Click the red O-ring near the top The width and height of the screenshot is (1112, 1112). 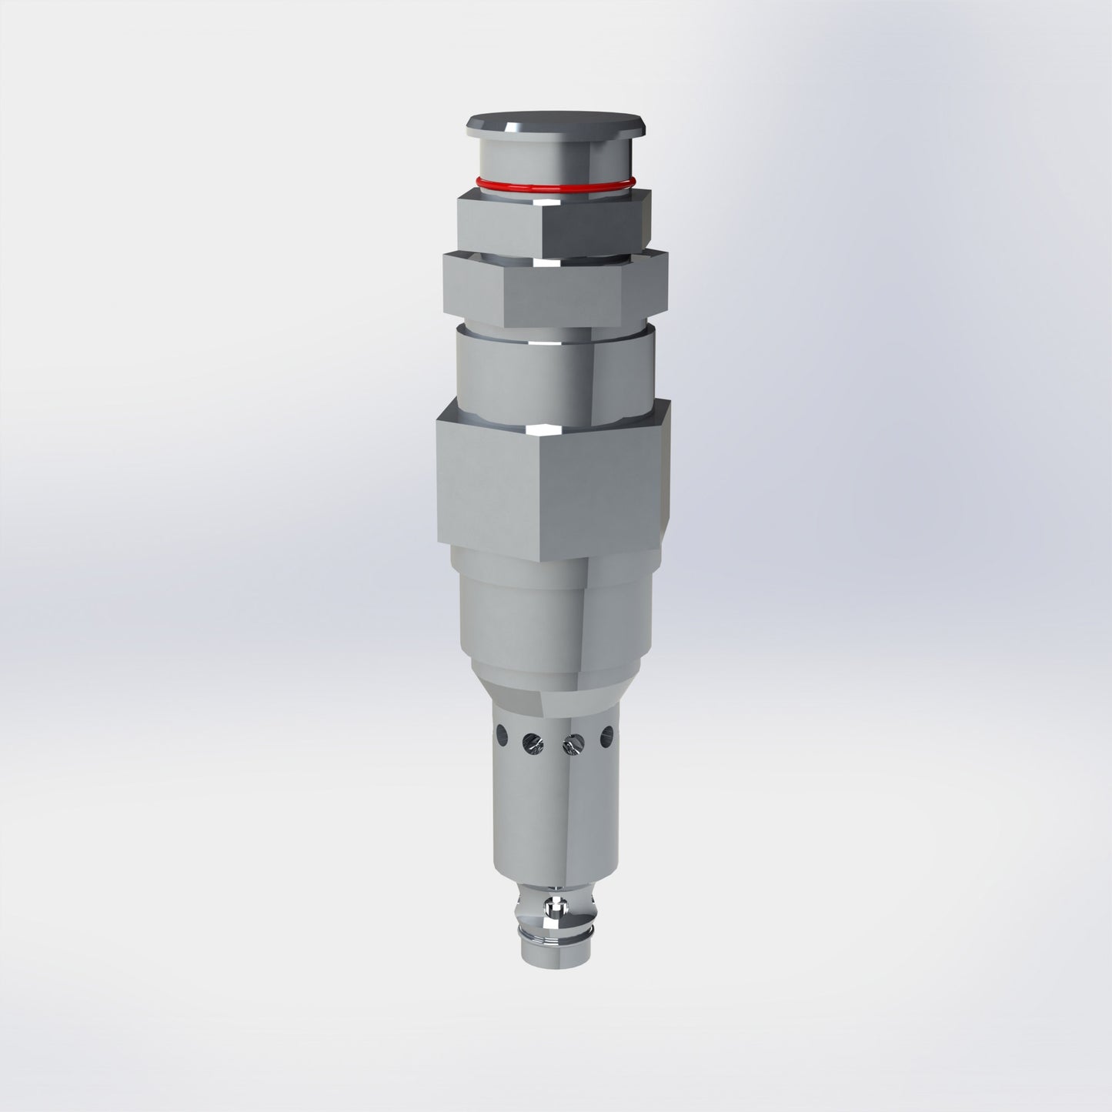554,185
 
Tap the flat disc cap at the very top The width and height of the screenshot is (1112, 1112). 556,123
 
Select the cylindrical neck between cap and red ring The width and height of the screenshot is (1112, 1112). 554,158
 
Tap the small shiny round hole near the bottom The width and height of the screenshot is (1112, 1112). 551,907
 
